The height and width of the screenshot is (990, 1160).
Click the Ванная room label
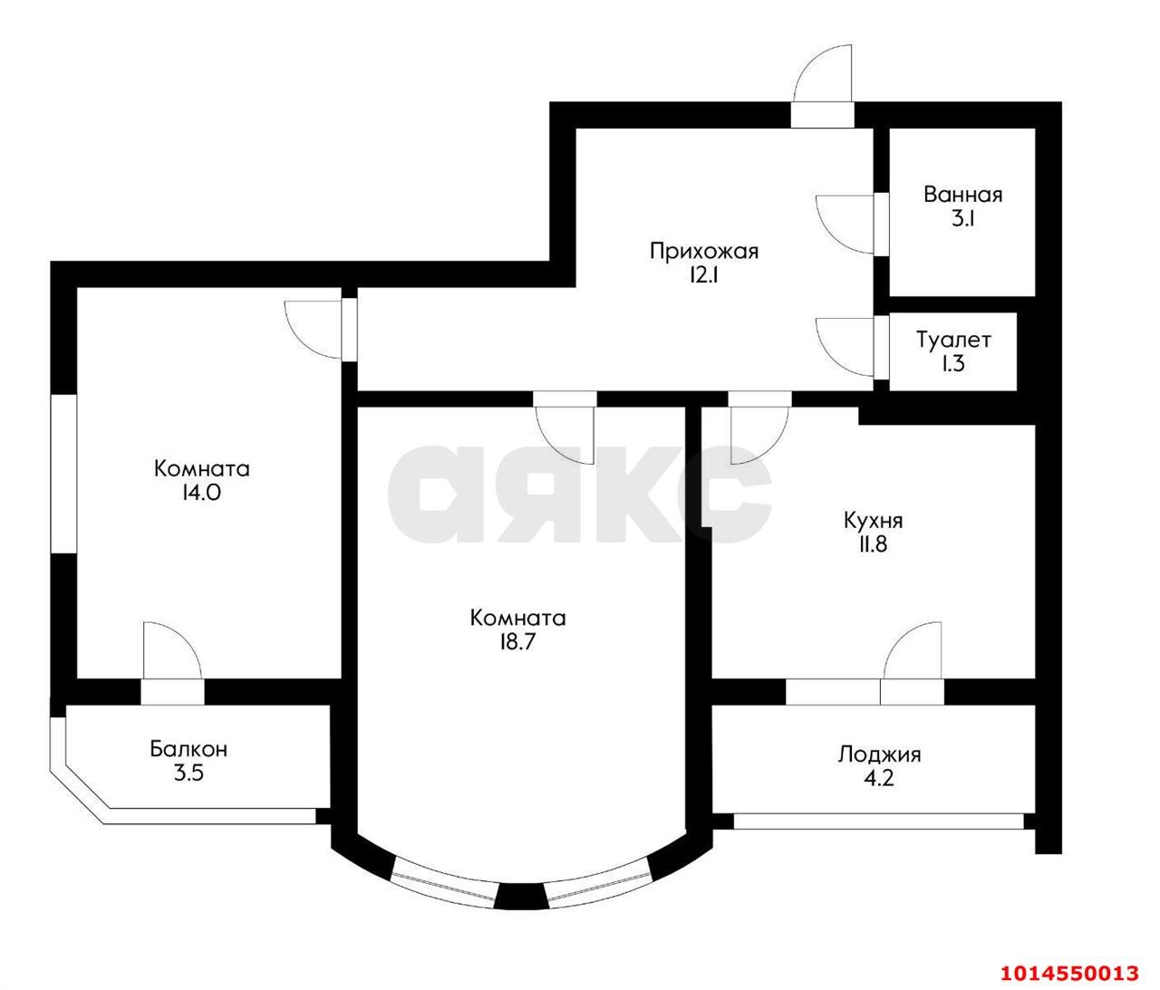click(x=962, y=195)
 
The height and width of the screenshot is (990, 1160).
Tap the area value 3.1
click(x=962, y=219)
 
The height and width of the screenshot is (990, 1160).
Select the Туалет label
click(x=953, y=341)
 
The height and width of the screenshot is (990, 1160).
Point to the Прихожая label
click(x=703, y=251)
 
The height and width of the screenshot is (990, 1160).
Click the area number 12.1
click(x=703, y=276)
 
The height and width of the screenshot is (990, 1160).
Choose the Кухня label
click(x=873, y=521)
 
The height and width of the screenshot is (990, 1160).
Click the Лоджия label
click(x=879, y=754)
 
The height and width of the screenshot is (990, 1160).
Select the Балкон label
click(x=188, y=749)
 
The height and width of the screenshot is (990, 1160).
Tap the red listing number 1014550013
click(x=1068, y=974)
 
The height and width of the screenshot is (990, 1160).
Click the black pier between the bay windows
click(x=520, y=896)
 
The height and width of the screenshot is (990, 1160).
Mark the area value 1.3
click(x=953, y=365)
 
